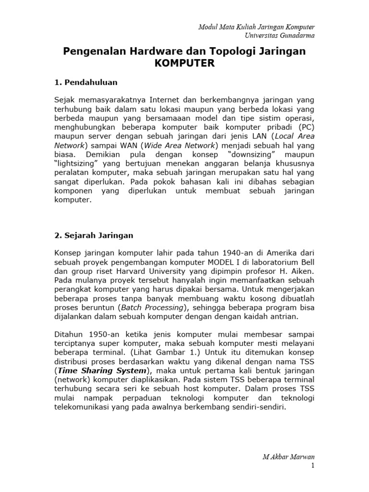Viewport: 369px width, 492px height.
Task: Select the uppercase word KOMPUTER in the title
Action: click(x=184, y=63)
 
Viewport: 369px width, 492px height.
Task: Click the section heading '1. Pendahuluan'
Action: click(x=86, y=82)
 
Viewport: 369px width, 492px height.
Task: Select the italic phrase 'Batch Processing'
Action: click(x=159, y=307)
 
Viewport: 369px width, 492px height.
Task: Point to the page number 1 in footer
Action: click(x=312, y=465)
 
